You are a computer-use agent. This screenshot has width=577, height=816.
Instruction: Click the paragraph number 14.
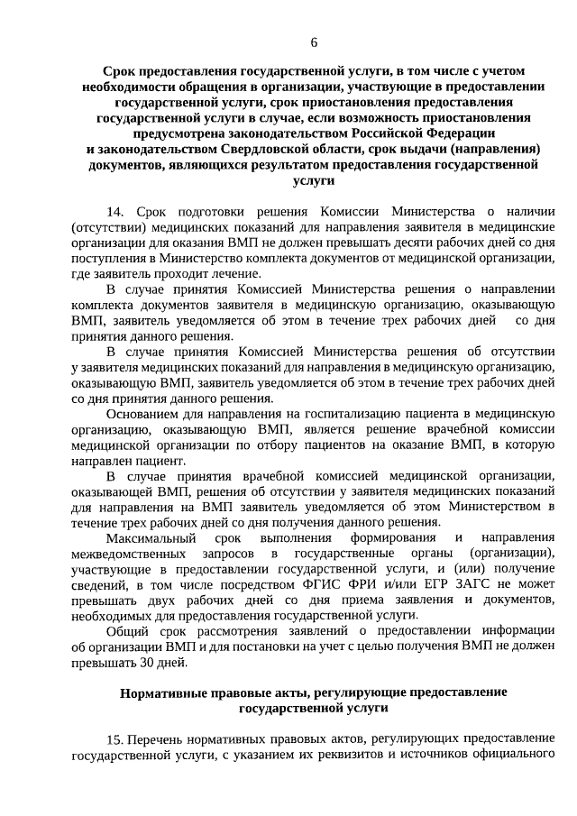click(114, 211)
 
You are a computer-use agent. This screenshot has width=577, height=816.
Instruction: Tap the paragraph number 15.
click(114, 740)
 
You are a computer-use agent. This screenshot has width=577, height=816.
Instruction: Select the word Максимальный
click(147, 538)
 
